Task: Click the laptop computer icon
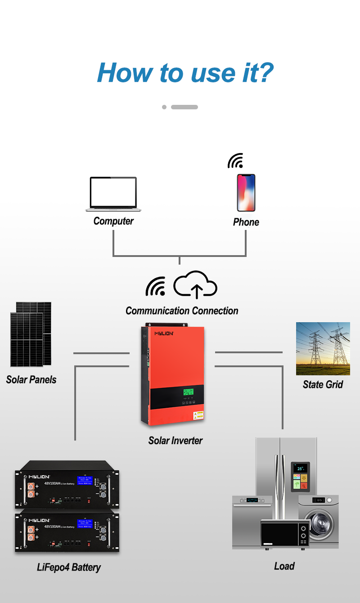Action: [113, 194]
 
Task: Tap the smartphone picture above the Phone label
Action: [246, 193]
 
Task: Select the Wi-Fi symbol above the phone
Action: [235, 161]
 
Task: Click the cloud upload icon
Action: [195, 284]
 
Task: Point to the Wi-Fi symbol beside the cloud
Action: [155, 287]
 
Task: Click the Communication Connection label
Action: [182, 310]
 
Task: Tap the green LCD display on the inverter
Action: [188, 392]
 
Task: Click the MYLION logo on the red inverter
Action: [164, 333]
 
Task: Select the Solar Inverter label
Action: [175, 441]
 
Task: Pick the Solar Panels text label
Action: [31, 379]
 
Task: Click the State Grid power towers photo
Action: [323, 348]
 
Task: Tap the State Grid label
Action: [323, 384]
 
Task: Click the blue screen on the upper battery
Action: [85, 480]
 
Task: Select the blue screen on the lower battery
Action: [85, 523]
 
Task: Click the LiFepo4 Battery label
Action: [69, 567]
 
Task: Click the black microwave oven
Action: [285, 533]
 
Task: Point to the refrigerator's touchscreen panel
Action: [300, 476]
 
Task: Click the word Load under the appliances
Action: [284, 566]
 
